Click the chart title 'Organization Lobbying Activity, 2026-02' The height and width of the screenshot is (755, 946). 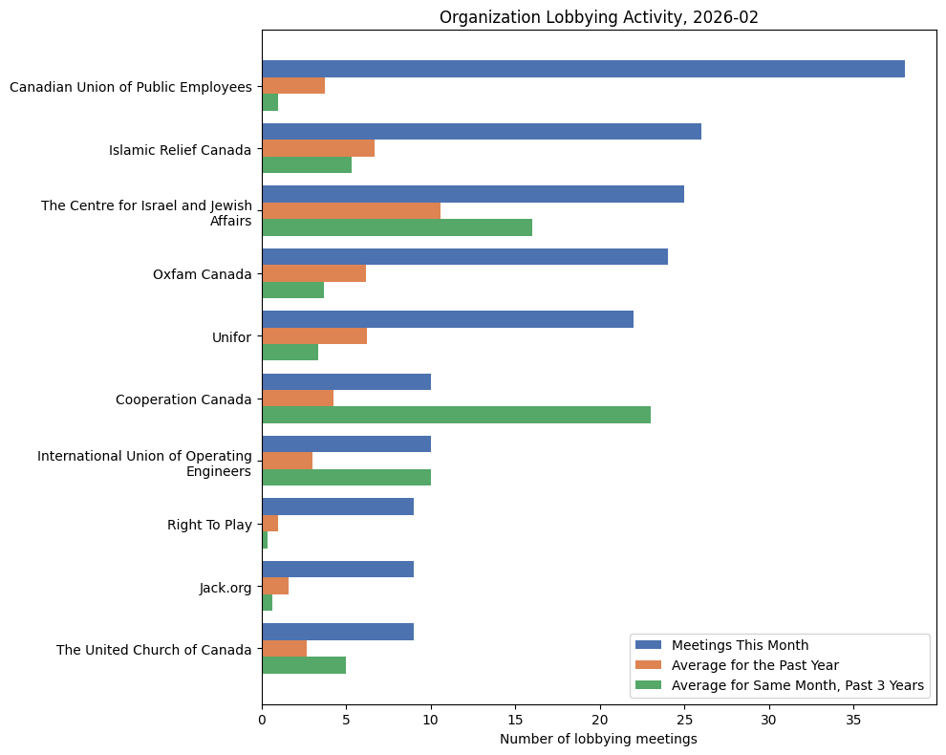(x=598, y=17)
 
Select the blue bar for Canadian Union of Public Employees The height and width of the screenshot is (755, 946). (x=583, y=69)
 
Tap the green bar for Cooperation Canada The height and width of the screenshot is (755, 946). (x=456, y=415)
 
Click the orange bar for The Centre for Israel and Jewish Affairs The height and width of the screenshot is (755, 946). (x=351, y=210)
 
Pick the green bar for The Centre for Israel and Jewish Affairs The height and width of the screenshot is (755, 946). (x=397, y=227)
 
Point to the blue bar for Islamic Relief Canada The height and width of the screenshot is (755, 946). (x=482, y=132)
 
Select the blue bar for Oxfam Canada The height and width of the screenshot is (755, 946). (x=464, y=257)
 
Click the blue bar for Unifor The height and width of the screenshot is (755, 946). (x=447, y=319)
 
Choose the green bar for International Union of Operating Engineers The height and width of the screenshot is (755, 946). (x=346, y=477)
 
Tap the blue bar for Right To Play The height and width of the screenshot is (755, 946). (x=337, y=507)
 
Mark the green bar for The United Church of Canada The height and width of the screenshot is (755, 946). (x=304, y=665)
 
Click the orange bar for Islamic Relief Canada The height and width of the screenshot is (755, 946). (x=318, y=148)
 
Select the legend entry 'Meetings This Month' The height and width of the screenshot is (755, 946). (x=740, y=644)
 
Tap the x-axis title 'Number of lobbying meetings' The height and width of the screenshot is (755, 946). (x=598, y=739)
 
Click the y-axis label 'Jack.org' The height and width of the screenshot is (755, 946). (x=226, y=588)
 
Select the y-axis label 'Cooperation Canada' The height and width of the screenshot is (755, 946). (x=183, y=399)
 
